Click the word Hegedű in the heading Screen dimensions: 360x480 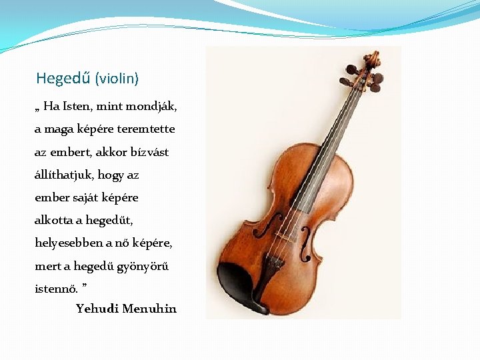tap(63, 79)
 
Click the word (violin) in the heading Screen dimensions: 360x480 tap(117, 79)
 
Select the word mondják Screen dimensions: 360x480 tap(154, 106)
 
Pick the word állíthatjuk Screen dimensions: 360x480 tap(65, 175)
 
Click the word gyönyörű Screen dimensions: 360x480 tap(147, 266)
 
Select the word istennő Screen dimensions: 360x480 tap(55, 289)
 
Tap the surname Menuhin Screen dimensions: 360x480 tap(150, 309)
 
